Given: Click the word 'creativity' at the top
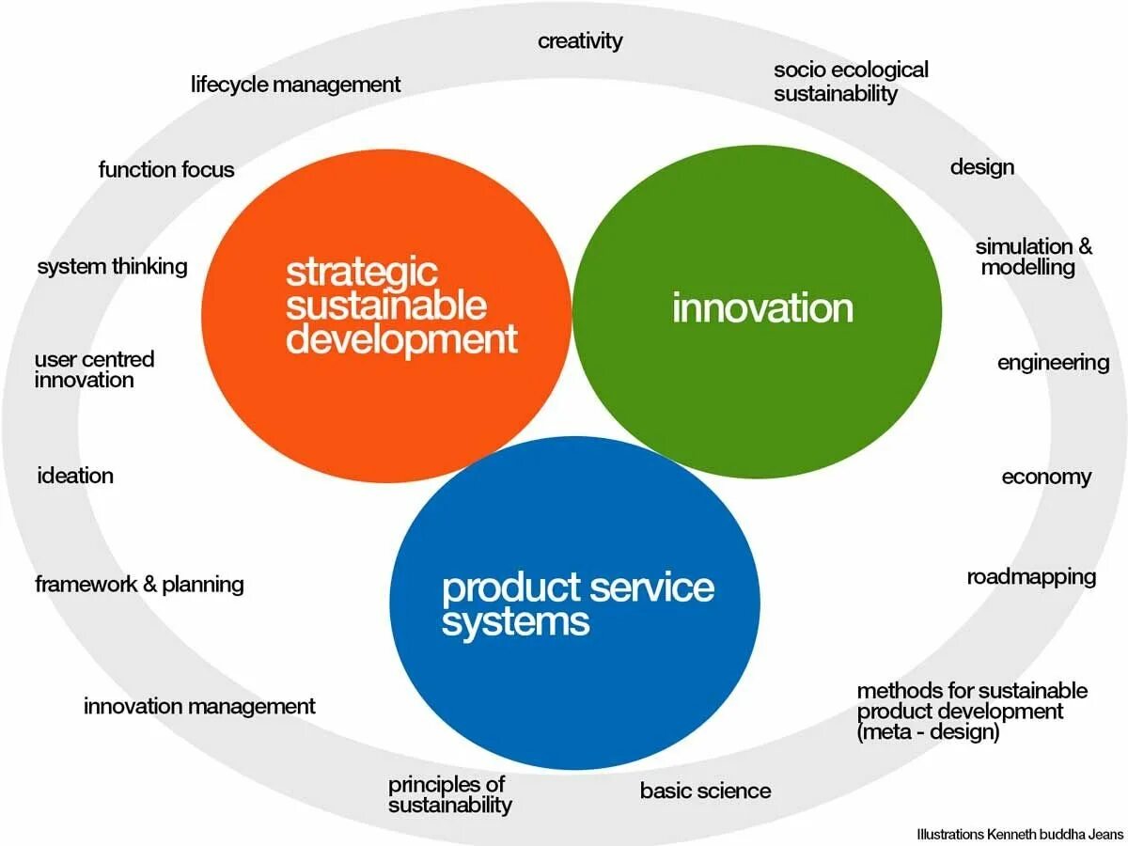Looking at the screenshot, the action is (580, 41).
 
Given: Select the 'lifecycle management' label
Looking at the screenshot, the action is (295, 85).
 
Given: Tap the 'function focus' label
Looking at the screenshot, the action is (166, 170).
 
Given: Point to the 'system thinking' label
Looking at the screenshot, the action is (112, 267).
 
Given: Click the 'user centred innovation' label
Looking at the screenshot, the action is (94, 370).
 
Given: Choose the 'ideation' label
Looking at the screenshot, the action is (75, 476).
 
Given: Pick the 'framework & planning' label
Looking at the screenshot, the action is (139, 585).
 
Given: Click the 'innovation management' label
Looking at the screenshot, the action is (199, 707).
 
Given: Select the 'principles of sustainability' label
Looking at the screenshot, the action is (449, 795).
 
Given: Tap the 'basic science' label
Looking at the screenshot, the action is (705, 791).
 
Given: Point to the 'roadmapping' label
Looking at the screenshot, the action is (1031, 576).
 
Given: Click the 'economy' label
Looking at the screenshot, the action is (1046, 478).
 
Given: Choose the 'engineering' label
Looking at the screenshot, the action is (1053, 363).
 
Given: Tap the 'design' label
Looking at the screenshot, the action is (981, 167).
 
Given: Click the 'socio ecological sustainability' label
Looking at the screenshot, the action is (850, 82).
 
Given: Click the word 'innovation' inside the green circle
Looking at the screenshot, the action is (762, 308).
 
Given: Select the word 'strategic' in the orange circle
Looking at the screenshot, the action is (362, 273).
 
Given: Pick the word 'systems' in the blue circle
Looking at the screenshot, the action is (515, 622).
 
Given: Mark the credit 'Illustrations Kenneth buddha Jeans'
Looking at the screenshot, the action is (1020, 834).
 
